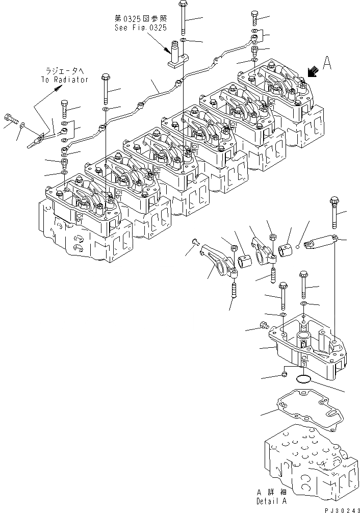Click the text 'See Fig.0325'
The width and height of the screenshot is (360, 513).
tap(140, 28)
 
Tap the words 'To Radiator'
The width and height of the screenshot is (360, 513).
tap(64, 80)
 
